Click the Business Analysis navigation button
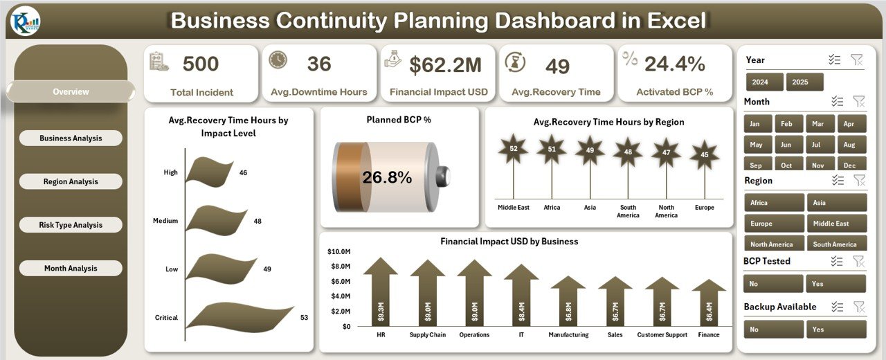[71, 138]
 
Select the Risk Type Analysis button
[71, 225]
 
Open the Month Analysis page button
[71, 269]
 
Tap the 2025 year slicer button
[804, 82]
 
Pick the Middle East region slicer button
[836, 224]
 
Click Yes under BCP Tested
[836, 284]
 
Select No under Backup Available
[773, 329]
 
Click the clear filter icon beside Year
[857, 60]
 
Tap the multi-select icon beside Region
[838, 181]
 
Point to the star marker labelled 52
[513, 150]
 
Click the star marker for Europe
[704, 154]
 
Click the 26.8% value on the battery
[387, 177]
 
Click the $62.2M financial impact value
[445, 65]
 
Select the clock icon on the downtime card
[278, 60]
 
